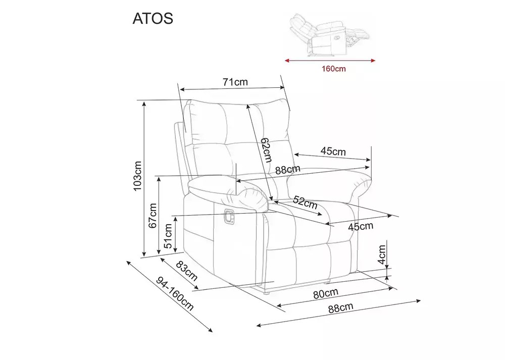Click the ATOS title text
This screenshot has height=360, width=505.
(x=153, y=19)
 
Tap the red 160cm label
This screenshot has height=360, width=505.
(x=333, y=69)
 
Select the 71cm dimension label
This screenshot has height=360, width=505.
(x=235, y=82)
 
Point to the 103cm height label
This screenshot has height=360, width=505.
(x=137, y=176)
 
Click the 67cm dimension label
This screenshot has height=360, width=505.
(x=153, y=216)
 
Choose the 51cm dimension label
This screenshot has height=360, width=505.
(x=168, y=236)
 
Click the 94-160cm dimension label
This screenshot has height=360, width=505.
(x=175, y=294)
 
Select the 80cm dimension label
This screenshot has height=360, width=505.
(x=326, y=293)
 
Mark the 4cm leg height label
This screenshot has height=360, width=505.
(x=382, y=254)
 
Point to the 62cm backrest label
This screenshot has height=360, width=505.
(x=266, y=150)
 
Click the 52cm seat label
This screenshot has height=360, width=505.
(x=305, y=202)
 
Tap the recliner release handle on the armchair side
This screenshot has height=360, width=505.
(x=229, y=216)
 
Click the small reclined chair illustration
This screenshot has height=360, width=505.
(x=329, y=34)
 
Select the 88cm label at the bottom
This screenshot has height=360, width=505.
(x=341, y=308)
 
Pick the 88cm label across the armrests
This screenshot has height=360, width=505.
(x=288, y=169)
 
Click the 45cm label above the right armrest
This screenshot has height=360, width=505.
(x=333, y=151)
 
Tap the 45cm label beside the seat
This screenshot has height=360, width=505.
(x=361, y=227)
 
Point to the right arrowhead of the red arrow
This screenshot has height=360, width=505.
(x=374, y=60)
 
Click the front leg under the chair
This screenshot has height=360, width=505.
(x=266, y=293)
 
